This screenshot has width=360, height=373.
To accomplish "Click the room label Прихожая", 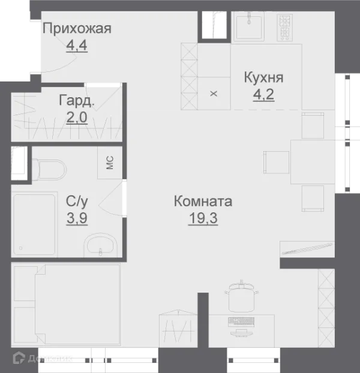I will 77,28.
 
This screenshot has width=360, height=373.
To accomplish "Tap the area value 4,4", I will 77,46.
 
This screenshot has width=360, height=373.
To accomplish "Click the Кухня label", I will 263,78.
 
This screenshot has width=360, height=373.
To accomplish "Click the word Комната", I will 203,201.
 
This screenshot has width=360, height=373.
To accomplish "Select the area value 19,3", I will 203,218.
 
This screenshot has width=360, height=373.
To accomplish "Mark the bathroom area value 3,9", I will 77,218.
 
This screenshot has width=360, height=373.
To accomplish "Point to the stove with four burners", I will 284,26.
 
